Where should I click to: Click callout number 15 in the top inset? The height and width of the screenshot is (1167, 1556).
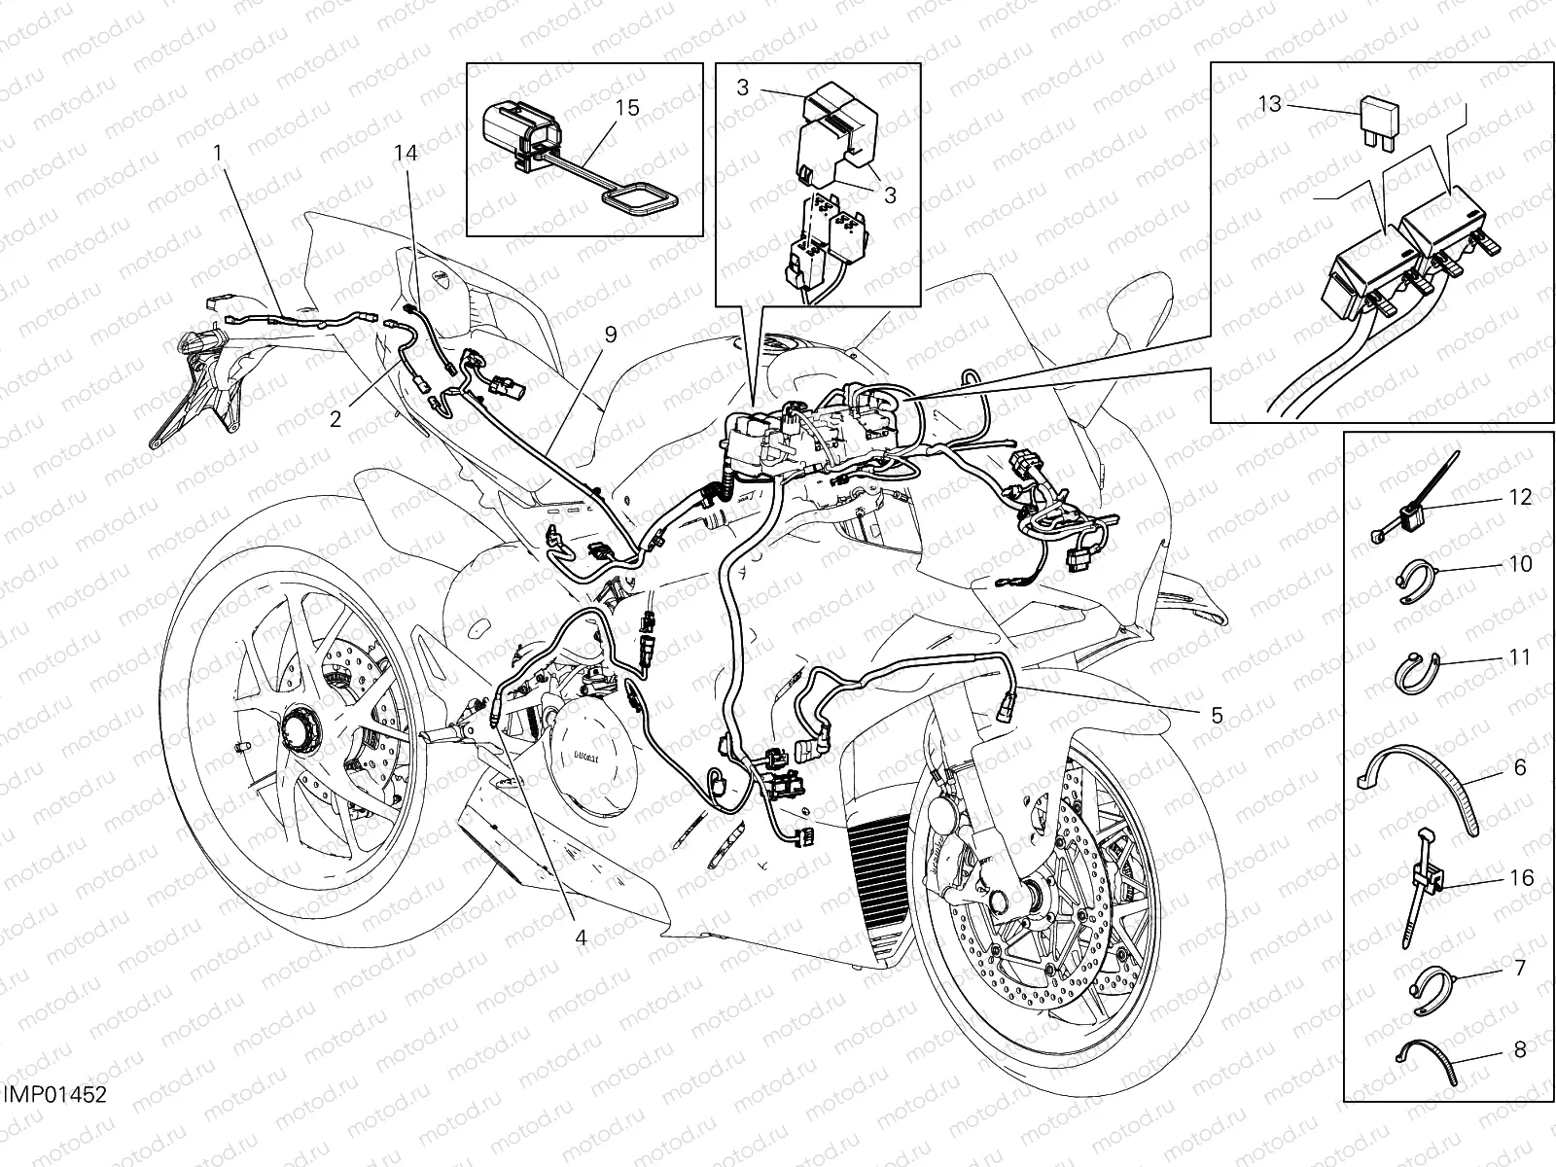point(628,107)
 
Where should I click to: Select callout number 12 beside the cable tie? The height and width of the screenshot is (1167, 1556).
point(1520,497)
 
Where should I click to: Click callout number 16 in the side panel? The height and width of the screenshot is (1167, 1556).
point(1520,878)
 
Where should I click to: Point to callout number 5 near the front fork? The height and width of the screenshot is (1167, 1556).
point(1217,715)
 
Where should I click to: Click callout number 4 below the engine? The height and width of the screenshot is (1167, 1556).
point(581,937)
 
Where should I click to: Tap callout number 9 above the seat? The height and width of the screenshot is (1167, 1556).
point(610,335)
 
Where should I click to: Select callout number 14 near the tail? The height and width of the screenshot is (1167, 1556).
point(406,153)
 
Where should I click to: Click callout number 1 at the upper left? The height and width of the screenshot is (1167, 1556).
point(218,153)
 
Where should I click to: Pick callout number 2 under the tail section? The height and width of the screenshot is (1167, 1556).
point(336,419)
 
